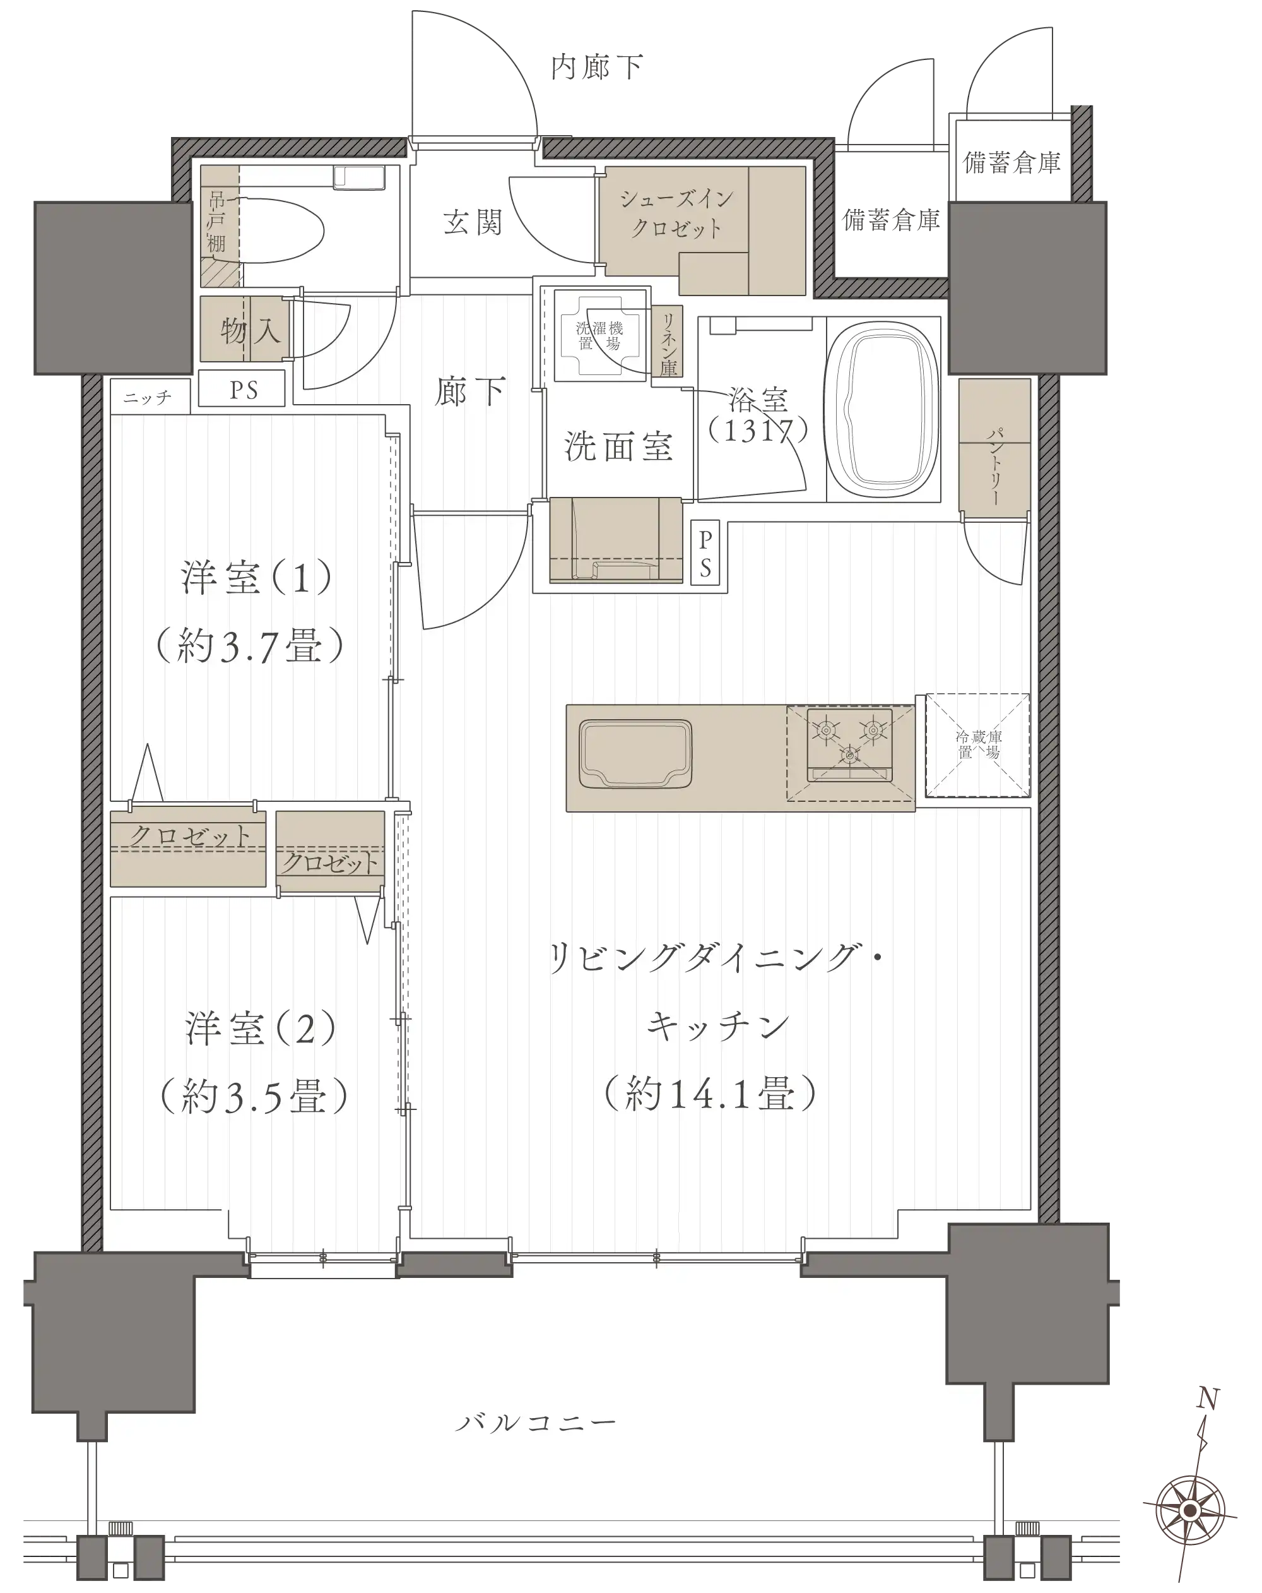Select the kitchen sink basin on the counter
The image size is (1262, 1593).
point(635,754)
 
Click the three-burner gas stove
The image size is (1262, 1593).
point(849,744)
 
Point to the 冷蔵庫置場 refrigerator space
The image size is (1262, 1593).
point(977,745)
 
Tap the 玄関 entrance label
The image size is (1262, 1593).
point(473,222)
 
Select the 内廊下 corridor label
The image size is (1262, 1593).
point(597,67)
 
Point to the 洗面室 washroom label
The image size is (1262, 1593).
point(618,446)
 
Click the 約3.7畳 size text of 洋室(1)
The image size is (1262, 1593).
point(250,646)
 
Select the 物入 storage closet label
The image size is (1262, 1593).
point(251,330)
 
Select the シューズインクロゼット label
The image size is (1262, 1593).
point(676,213)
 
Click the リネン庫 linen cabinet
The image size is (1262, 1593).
point(668,342)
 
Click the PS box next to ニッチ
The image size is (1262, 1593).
point(242,390)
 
